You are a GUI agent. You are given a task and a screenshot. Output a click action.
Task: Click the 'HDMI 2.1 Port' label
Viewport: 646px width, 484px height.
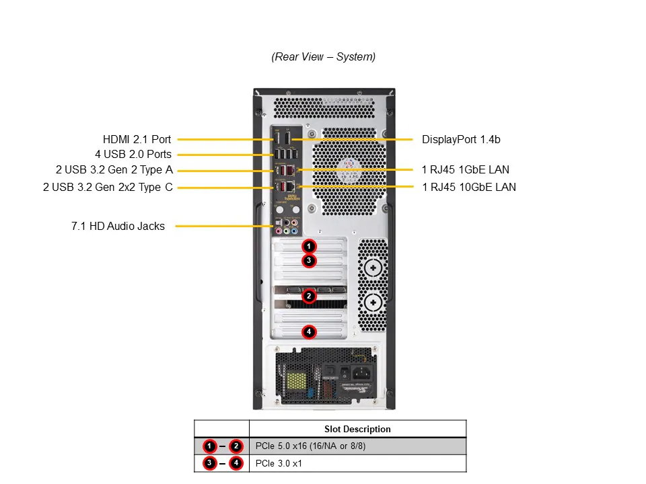pyautogui.click(x=137, y=140)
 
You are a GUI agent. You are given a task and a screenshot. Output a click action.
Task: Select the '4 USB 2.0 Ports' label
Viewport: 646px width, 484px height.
pyautogui.click(x=133, y=155)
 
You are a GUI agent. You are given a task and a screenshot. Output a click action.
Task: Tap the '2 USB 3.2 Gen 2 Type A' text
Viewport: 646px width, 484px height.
pyautogui.click(x=114, y=170)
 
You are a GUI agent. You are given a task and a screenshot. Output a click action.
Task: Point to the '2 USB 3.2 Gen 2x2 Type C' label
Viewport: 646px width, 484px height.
pyautogui.click(x=108, y=187)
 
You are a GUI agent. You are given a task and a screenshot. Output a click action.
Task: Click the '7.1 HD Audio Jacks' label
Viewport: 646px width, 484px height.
pyautogui.click(x=118, y=227)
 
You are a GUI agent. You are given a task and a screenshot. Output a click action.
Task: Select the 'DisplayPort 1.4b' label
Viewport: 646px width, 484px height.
pyautogui.click(x=461, y=140)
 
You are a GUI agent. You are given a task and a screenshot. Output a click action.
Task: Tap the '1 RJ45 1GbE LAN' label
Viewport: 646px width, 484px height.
pyautogui.click(x=466, y=170)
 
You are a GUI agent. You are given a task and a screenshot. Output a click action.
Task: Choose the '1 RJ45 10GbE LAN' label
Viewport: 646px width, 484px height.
pyautogui.click(x=469, y=187)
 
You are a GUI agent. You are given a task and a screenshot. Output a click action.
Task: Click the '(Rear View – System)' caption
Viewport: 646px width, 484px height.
pyautogui.click(x=324, y=57)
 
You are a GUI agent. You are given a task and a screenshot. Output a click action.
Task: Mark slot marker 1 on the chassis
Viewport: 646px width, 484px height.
pyautogui.click(x=309, y=246)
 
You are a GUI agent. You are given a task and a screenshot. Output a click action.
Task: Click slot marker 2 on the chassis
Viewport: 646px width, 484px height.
pyautogui.click(x=309, y=295)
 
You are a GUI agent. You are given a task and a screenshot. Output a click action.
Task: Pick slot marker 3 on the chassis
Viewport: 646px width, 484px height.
pyautogui.click(x=309, y=260)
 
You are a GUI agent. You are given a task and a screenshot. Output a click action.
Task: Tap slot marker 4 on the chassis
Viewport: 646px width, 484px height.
pyautogui.click(x=309, y=331)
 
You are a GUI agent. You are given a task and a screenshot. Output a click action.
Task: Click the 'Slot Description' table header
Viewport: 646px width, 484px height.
pyautogui.click(x=357, y=429)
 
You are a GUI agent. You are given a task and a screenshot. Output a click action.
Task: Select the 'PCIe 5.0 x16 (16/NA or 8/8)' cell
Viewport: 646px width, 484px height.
pyautogui.click(x=311, y=446)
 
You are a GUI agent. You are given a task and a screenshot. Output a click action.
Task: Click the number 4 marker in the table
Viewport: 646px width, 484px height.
pyautogui.click(x=236, y=463)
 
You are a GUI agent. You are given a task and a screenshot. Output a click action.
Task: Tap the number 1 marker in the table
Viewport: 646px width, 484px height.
pyautogui.click(x=210, y=446)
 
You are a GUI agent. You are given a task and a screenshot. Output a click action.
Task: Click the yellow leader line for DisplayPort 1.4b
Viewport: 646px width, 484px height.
pyautogui.click(x=357, y=140)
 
